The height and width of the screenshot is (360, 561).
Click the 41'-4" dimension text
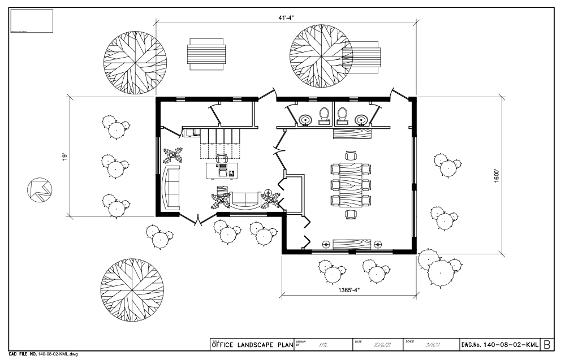pyautogui.click(x=286, y=18)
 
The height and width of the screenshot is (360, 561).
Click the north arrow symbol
pyautogui.click(x=38, y=190)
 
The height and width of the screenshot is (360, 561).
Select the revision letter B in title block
pyautogui.click(x=547, y=344)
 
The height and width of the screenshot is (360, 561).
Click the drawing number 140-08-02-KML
pyautogui.click(x=499, y=344)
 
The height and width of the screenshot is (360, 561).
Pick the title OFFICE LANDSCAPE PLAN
pyautogui.click(x=252, y=345)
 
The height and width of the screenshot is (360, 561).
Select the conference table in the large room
pyautogui.click(x=351, y=184)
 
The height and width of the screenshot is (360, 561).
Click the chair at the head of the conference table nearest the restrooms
pyautogui.click(x=351, y=155)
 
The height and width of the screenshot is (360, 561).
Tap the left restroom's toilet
pyautogui.click(x=325, y=115)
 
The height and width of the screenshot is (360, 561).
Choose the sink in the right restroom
pyautogui.click(x=361, y=119)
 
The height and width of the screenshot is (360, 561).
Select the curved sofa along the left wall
pyautogui.click(x=171, y=186)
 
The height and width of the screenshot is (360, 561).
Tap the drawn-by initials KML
pyautogui.click(x=323, y=344)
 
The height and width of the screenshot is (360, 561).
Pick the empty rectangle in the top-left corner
pyautogui.click(x=32, y=21)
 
